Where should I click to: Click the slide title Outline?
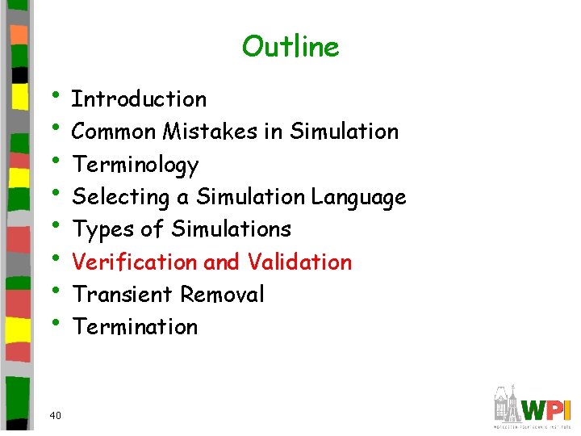click(290, 46)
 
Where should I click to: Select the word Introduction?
click(140, 99)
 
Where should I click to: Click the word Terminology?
click(136, 165)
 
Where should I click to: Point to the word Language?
click(358, 197)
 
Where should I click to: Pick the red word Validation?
click(299, 262)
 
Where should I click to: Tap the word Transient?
click(123, 295)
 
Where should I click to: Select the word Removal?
click(223, 295)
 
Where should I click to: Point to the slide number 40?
click(55, 416)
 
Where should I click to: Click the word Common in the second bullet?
click(114, 132)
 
